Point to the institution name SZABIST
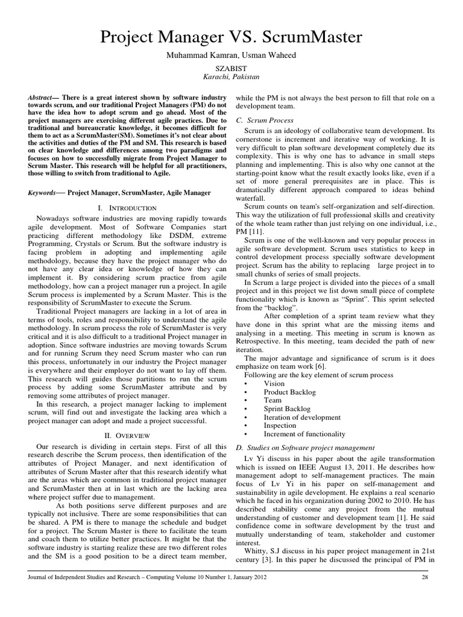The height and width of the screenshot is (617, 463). point(231,70)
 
